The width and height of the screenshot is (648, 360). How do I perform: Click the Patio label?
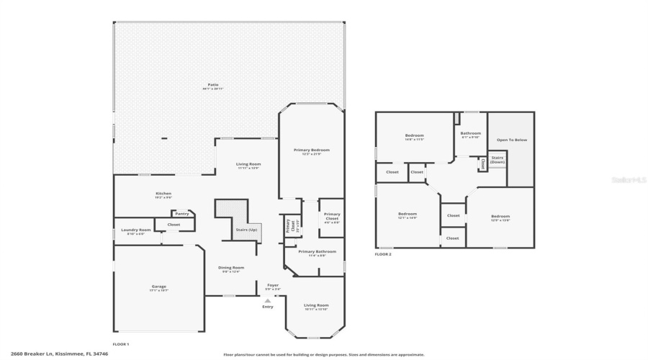[x=213, y=85]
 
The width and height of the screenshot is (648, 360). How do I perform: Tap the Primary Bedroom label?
[x=312, y=150]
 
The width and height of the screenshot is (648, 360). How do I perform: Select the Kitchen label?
[x=164, y=193]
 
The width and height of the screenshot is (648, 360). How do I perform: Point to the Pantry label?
[x=182, y=213]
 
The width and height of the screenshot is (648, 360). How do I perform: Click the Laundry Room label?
[x=135, y=230]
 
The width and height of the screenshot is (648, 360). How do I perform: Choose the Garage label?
[x=158, y=287]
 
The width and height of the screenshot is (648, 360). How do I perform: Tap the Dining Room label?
[x=231, y=268]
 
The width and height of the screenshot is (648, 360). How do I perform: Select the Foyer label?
[x=273, y=285]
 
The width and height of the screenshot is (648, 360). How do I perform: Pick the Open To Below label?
[x=512, y=140]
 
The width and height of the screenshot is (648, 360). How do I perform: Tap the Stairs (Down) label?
[x=498, y=159]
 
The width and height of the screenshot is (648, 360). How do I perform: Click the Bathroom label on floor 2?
[x=471, y=133]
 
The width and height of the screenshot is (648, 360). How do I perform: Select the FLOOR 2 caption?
[x=383, y=254]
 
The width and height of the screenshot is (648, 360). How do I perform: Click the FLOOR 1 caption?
[x=121, y=344]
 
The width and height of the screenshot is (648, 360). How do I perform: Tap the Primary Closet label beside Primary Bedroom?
[x=332, y=215]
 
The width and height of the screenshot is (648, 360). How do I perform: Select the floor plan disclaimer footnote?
[x=324, y=354]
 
